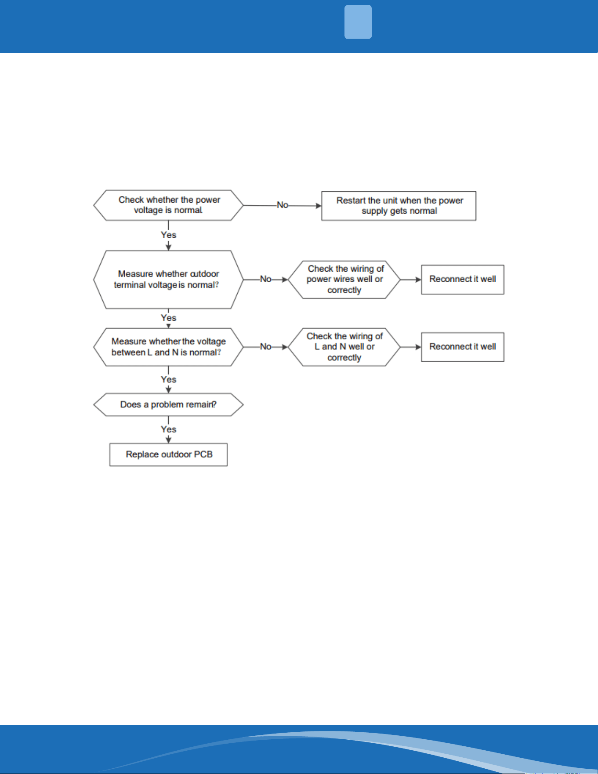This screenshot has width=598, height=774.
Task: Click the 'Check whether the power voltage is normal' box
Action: [168, 205]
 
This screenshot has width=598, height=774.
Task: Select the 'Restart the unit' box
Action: [399, 206]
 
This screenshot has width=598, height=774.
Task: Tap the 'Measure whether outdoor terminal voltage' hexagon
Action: [168, 280]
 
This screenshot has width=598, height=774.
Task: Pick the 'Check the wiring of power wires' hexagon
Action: [344, 280]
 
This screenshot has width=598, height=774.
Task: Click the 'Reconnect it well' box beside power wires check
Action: [463, 280]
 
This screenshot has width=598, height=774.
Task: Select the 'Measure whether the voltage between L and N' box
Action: [168, 347]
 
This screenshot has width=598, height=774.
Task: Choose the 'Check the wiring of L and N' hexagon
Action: [344, 347]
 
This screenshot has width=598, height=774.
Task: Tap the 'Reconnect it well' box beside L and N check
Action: [463, 347]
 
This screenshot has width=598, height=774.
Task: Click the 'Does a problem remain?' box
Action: [168, 405]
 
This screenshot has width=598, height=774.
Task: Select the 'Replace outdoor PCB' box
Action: [168, 454]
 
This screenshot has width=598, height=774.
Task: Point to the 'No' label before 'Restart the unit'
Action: [283, 205]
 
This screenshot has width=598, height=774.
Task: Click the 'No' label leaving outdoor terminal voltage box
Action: [266, 279]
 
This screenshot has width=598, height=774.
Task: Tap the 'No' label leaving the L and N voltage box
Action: [266, 347]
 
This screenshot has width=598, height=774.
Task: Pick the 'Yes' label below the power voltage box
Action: [169, 235]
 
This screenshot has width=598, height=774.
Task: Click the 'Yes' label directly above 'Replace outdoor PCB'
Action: [169, 429]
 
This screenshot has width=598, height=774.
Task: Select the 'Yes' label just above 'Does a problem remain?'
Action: [169, 380]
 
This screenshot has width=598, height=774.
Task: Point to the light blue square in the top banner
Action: [358, 22]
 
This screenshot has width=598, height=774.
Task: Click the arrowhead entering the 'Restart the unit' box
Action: [319, 206]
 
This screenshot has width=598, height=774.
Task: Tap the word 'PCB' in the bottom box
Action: [203, 454]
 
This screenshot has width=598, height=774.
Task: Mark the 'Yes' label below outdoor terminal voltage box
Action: [169, 318]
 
